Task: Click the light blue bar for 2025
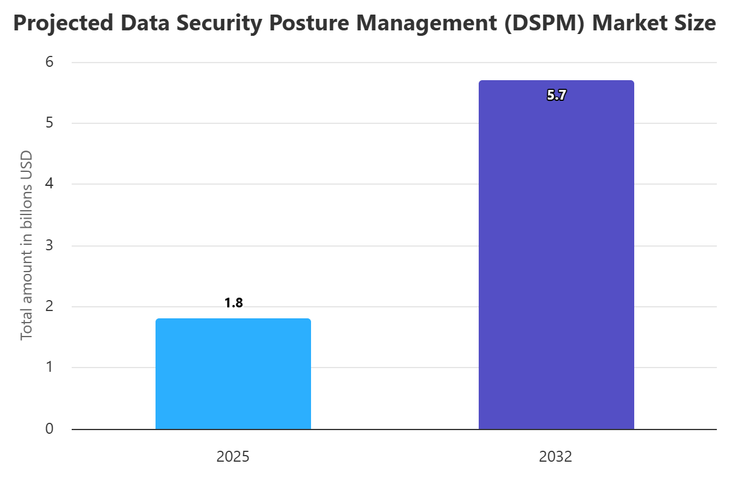pyautogui.click(x=233, y=374)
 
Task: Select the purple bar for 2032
pyautogui.click(x=556, y=255)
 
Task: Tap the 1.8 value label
pyautogui.click(x=233, y=303)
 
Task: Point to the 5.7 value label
pyautogui.click(x=556, y=95)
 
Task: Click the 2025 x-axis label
pyautogui.click(x=233, y=457)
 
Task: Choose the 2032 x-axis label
pyautogui.click(x=556, y=457)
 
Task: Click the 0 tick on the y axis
pyautogui.click(x=49, y=429)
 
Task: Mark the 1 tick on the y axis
pyautogui.click(x=49, y=368)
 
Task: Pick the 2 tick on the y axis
pyautogui.click(x=49, y=306)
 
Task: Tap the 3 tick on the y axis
pyautogui.click(x=49, y=245)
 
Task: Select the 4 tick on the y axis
pyautogui.click(x=49, y=184)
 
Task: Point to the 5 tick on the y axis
pyautogui.click(x=49, y=123)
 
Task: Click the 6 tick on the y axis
pyautogui.click(x=49, y=62)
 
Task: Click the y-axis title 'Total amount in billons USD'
pyautogui.click(x=27, y=245)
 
